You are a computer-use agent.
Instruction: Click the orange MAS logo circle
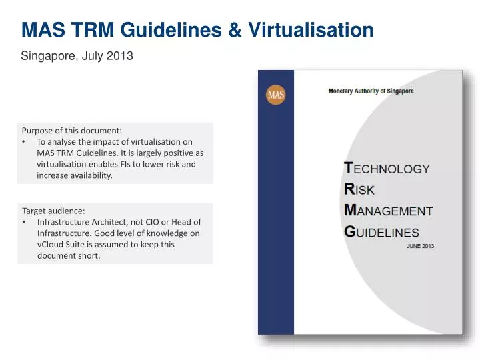(x=275, y=95)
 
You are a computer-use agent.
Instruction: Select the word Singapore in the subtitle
(x=49, y=57)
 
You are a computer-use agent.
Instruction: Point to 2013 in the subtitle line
(x=121, y=57)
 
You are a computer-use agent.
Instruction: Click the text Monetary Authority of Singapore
(x=371, y=91)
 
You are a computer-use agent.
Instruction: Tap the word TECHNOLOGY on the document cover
(x=387, y=169)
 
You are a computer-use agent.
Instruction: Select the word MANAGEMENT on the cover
(x=388, y=211)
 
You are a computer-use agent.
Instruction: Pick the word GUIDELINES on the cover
(x=381, y=232)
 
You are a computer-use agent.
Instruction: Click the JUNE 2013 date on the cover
(x=420, y=246)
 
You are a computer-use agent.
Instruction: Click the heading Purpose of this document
(x=72, y=131)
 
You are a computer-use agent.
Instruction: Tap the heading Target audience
(x=53, y=211)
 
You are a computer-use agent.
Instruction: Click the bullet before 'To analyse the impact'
(x=25, y=142)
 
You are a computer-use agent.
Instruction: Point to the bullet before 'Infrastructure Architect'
(x=25, y=222)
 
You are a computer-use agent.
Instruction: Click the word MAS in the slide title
(x=43, y=30)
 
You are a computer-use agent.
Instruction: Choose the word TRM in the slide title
(x=93, y=30)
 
